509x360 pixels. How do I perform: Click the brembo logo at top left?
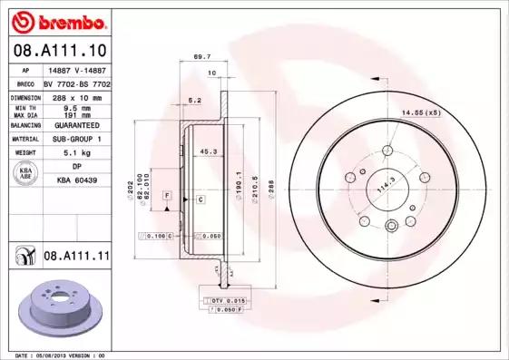pyautogui.click(x=55, y=21)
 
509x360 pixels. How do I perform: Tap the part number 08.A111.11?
pyautogui.click(x=76, y=257)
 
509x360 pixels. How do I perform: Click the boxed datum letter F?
pyautogui.click(x=168, y=196)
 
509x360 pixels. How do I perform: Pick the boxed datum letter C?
pyautogui.click(x=200, y=198)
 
